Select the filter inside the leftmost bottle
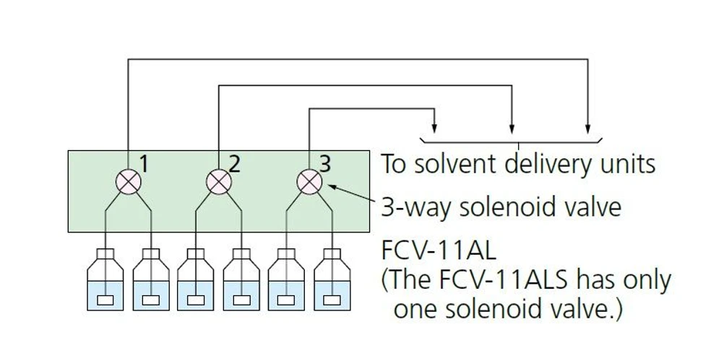105,300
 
